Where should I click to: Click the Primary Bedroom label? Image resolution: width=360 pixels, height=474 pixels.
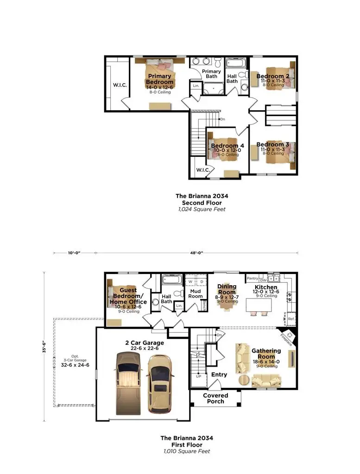click(x=160, y=79)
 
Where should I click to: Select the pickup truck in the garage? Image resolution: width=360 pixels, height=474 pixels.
click(x=127, y=382)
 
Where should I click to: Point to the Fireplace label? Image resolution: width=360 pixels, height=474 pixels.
click(x=285, y=339)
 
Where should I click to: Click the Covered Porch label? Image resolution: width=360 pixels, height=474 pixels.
click(x=215, y=398)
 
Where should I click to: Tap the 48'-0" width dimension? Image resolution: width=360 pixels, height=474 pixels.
click(x=197, y=253)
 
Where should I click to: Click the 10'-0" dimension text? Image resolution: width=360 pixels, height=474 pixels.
click(x=74, y=253)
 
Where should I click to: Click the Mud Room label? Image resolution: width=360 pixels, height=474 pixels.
click(x=195, y=293)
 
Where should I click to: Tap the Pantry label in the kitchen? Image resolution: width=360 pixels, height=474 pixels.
click(x=253, y=279)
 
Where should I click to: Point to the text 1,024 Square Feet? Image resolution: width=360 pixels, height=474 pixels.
click(x=202, y=209)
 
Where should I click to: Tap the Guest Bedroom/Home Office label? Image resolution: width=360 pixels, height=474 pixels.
click(x=128, y=296)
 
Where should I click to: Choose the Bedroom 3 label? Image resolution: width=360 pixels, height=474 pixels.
click(x=272, y=144)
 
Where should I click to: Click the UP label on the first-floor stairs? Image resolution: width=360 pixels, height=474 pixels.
click(x=198, y=376)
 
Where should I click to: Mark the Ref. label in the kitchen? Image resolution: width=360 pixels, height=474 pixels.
click(x=291, y=319)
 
